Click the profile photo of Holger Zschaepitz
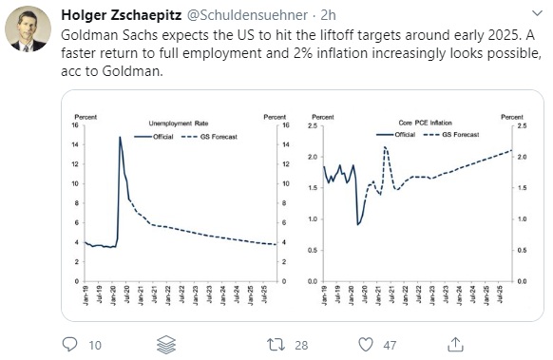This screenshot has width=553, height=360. (x=28, y=30)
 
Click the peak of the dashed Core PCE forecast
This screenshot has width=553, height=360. (x=385, y=147)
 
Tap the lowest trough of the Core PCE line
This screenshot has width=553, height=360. (x=357, y=224)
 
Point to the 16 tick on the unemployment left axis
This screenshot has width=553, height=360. (x=76, y=125)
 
